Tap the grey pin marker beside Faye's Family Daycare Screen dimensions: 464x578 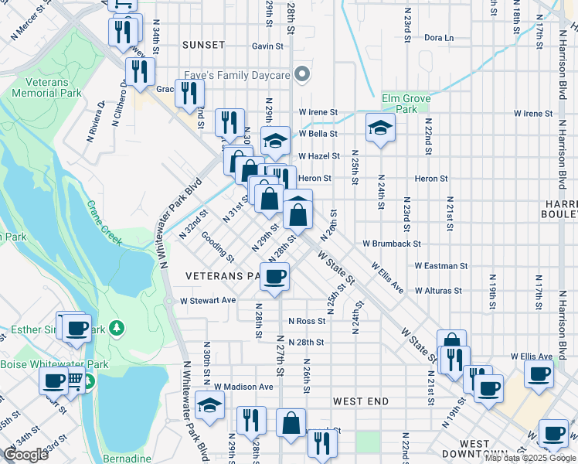click(302, 75)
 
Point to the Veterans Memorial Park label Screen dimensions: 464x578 click(46, 87)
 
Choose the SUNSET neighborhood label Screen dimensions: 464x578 click(203, 46)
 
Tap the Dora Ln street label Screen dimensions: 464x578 click(438, 37)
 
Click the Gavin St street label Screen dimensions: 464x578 click(268, 46)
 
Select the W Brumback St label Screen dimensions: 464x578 click(391, 243)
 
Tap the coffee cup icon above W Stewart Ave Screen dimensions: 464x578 click(274, 275)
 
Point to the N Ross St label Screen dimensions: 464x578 click(307, 321)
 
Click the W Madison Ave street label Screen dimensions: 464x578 click(244, 387)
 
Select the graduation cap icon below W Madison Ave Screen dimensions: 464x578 click(209, 405)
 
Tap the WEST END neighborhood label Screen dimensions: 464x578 click(361, 402)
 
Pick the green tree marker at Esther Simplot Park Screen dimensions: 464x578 click(117, 329)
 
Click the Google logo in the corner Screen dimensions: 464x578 click(26, 455)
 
